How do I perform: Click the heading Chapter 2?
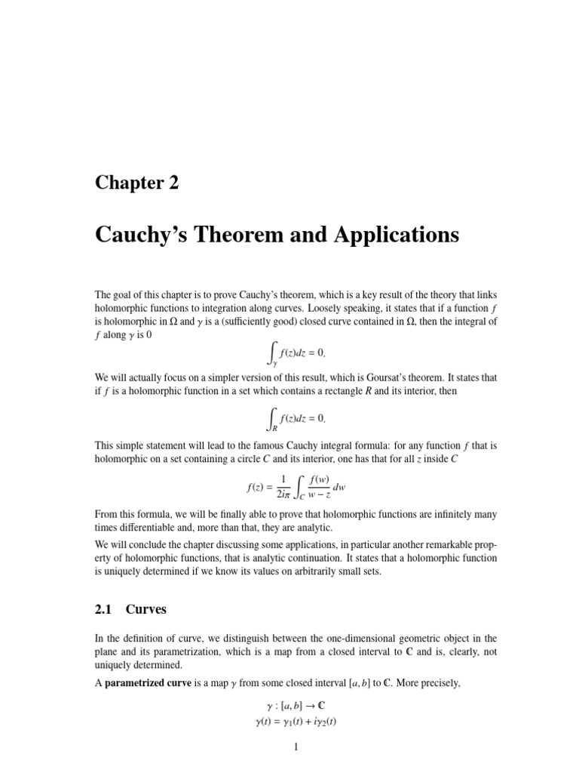click(x=136, y=183)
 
